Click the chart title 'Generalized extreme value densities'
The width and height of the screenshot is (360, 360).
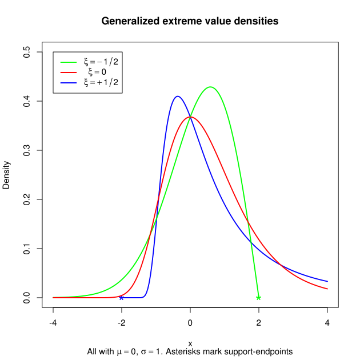pyautogui.click(x=190, y=21)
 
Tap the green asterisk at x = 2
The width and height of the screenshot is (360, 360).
pyautogui.click(x=259, y=298)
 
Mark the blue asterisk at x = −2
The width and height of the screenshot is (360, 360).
pyautogui.click(x=121, y=298)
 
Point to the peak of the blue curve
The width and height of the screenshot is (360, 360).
pyautogui.click(x=177, y=97)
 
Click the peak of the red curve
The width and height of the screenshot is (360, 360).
pyautogui.click(x=190, y=117)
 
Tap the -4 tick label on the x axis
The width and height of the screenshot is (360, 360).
pyautogui.click(x=53, y=322)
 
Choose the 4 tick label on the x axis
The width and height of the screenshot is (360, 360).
pyautogui.click(x=327, y=322)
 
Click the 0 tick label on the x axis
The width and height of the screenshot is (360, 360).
pyautogui.click(x=190, y=322)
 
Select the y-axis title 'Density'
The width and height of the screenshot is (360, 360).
pyautogui.click(x=7, y=175)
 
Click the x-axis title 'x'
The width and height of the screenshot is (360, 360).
pyautogui.click(x=190, y=343)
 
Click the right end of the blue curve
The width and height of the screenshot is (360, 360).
pyautogui.click(x=327, y=281)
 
